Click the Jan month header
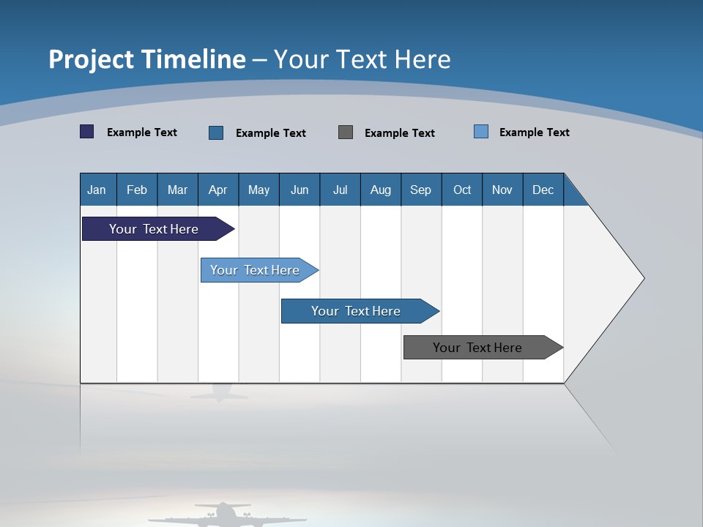pyautogui.click(x=97, y=190)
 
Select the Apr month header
pyautogui.click(x=218, y=190)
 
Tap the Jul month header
pyautogui.click(x=340, y=190)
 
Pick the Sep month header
pyautogui.click(x=421, y=190)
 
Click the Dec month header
pyautogui.click(x=543, y=190)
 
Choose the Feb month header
pyautogui.click(x=137, y=190)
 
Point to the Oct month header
pyautogui.click(x=462, y=190)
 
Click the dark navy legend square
pyautogui.click(x=87, y=132)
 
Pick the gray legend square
pyautogui.click(x=346, y=132)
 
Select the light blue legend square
pyautogui.click(x=481, y=132)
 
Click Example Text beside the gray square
pyautogui.click(x=400, y=133)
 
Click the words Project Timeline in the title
pyautogui.click(x=147, y=59)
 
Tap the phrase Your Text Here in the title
pyautogui.click(x=362, y=59)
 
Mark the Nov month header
pyautogui.click(x=502, y=190)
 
